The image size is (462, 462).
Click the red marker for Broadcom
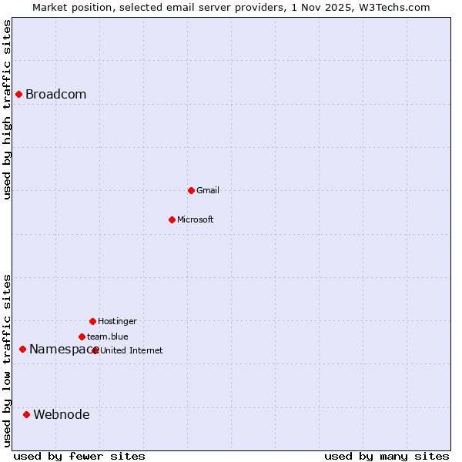point(18,95)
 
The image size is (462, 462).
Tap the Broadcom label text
point(55,95)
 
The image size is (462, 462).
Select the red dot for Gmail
point(191,190)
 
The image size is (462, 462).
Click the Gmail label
point(208,190)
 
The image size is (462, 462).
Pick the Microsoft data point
point(172,219)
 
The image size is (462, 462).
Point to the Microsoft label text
point(196,219)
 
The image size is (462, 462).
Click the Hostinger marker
point(92,321)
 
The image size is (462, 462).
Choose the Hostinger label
point(117,321)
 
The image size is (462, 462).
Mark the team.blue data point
point(82,336)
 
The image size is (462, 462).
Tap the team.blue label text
point(108,336)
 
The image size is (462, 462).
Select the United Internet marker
point(95,350)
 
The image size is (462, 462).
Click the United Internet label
point(132,350)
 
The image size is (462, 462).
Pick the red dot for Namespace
point(22,350)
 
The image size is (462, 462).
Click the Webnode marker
point(26,415)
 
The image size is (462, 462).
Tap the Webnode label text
point(62,415)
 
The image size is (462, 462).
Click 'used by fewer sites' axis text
point(79,456)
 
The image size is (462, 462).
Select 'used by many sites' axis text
point(387,456)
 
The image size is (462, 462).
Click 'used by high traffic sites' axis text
point(8,109)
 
